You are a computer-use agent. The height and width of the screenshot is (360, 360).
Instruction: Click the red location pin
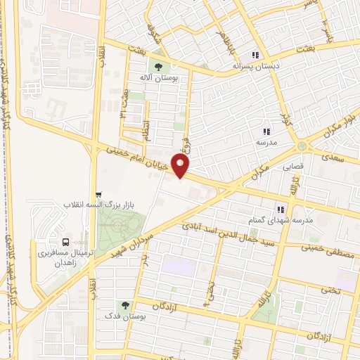tap(181, 166)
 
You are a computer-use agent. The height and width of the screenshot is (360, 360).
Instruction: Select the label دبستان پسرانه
tap(256, 66)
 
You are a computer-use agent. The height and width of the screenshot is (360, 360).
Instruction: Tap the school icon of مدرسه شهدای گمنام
tap(281, 210)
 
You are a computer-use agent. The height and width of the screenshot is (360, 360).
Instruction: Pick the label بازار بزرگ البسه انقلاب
tap(98, 205)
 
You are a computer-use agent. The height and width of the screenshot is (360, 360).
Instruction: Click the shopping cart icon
tap(98, 194)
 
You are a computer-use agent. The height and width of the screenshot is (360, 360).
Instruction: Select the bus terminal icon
tap(66, 240)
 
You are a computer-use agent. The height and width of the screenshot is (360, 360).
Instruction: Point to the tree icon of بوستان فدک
tap(126, 305)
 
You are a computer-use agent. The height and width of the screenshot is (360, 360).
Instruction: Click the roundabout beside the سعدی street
tap(303, 146)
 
